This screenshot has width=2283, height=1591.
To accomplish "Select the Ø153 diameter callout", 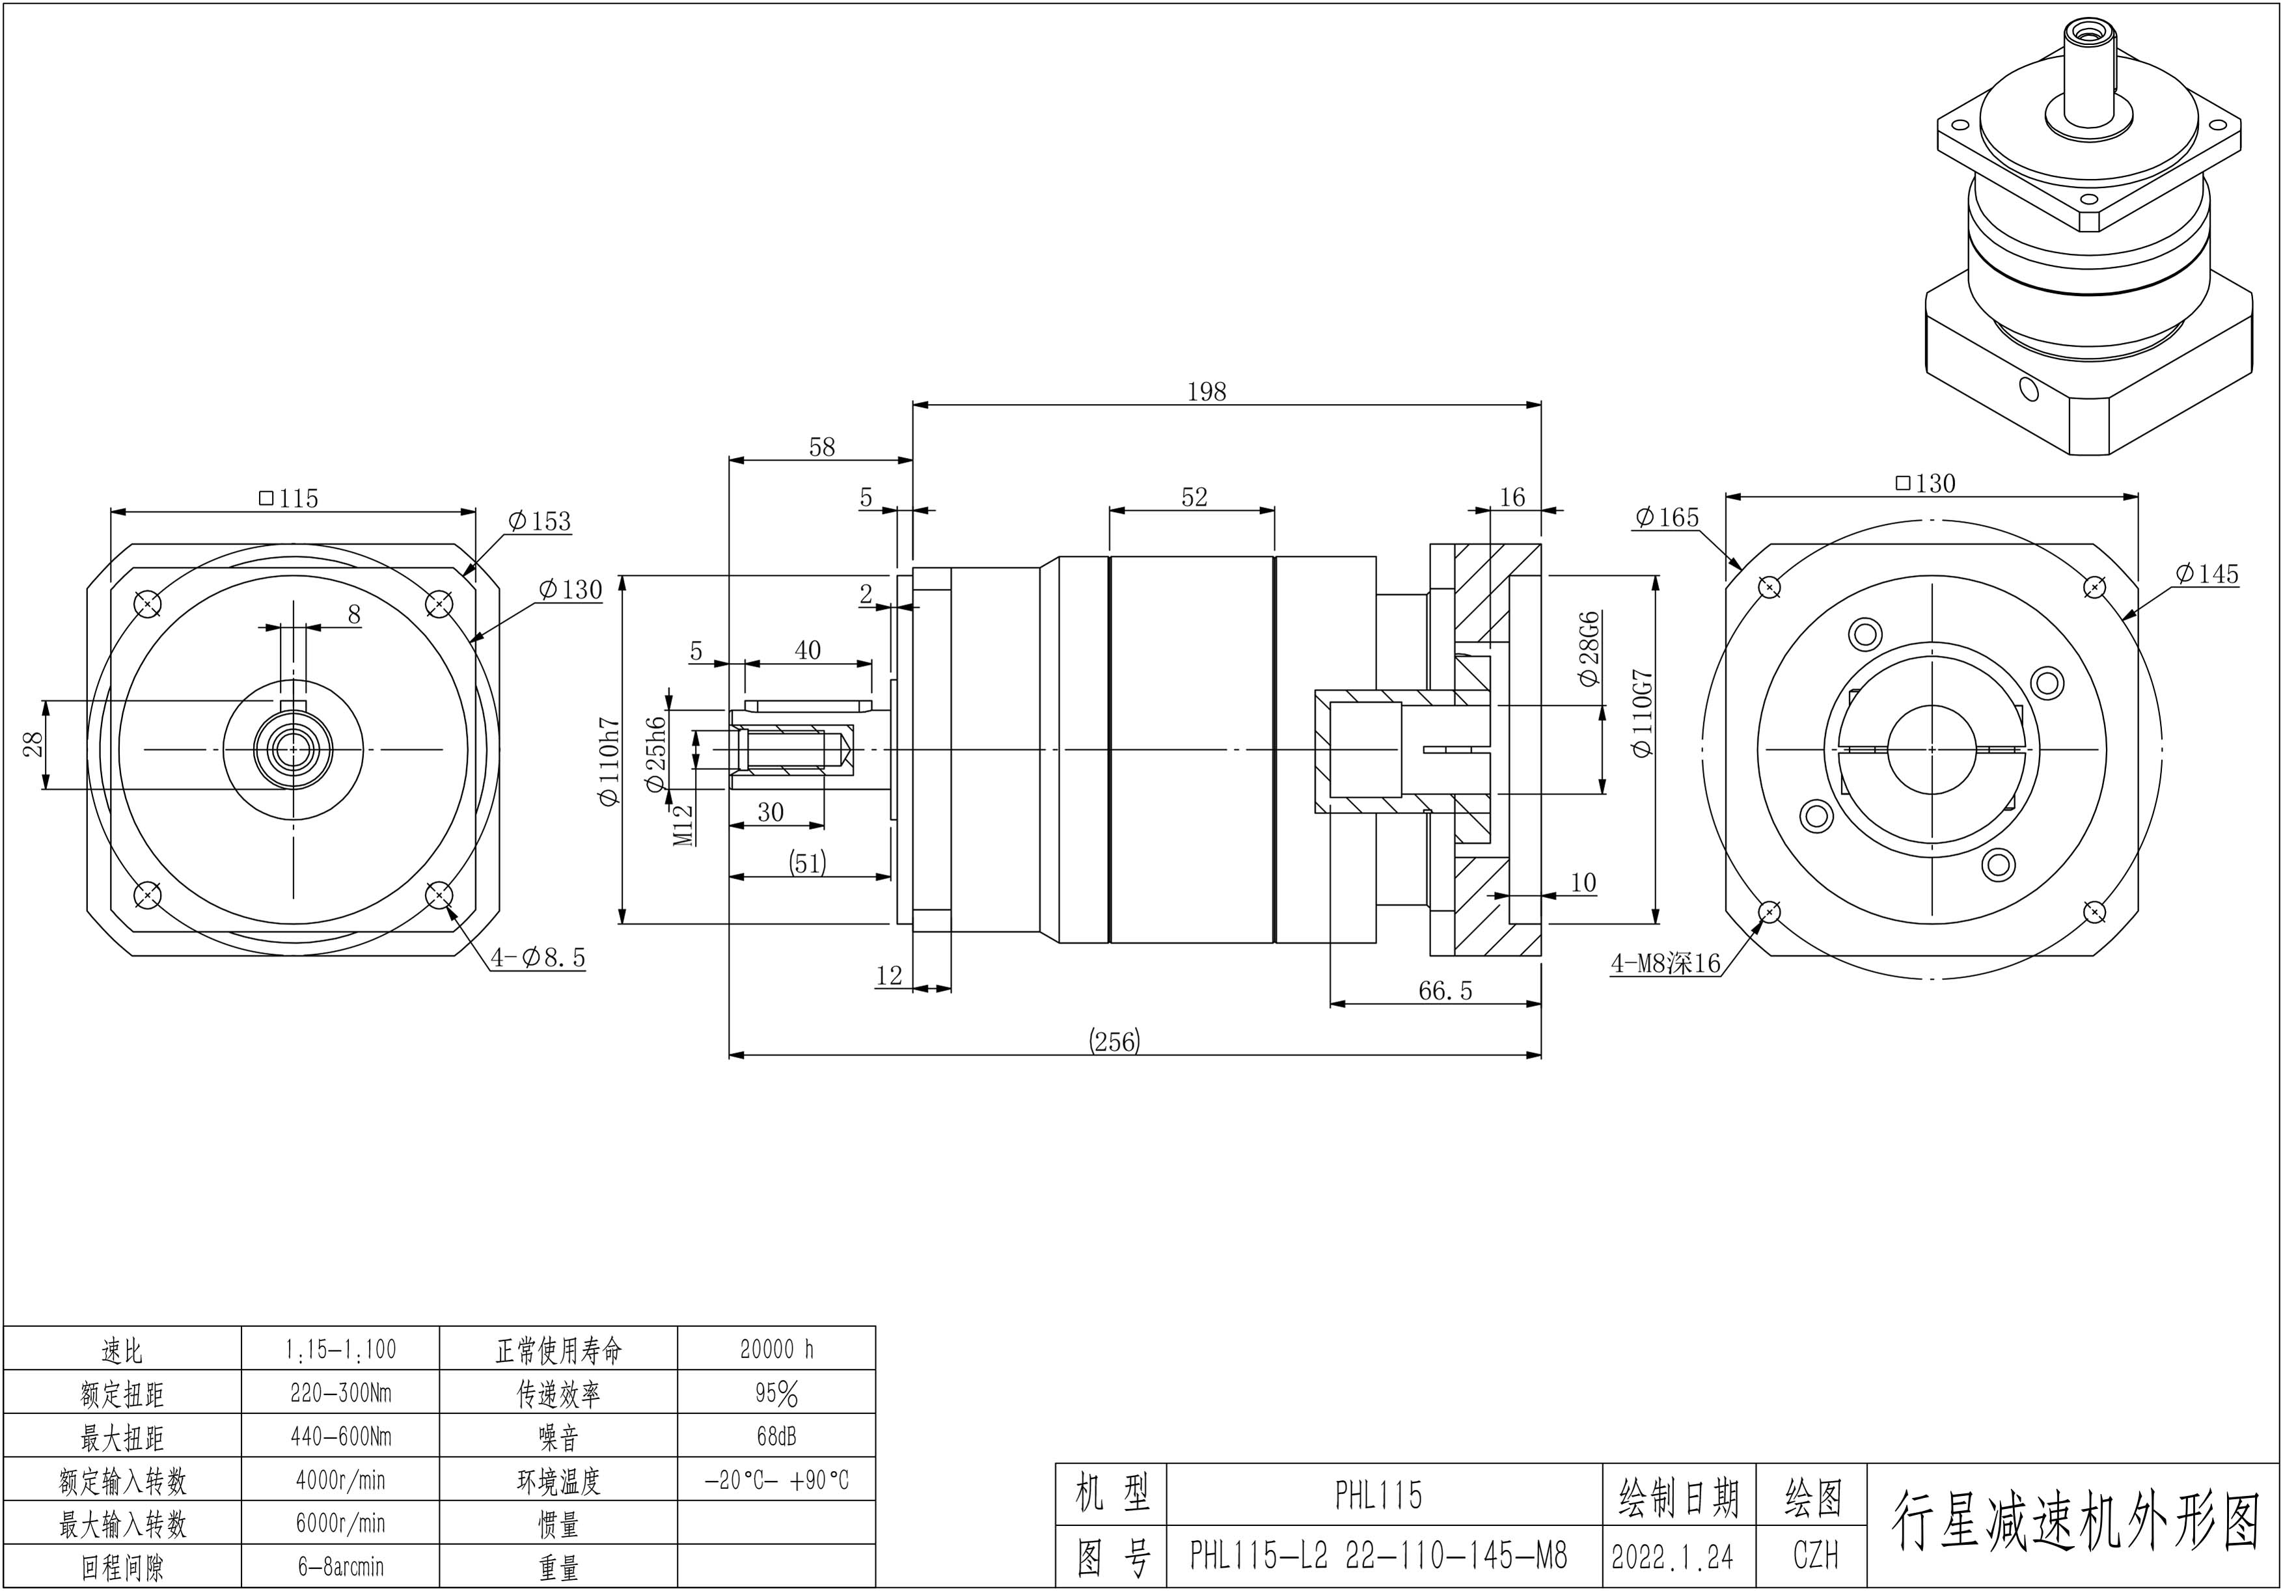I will (539, 521).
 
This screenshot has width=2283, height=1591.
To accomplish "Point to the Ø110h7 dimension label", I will (608, 763).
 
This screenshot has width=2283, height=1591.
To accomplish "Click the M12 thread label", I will (682, 825).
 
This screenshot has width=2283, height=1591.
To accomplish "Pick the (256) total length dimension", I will (1115, 1041).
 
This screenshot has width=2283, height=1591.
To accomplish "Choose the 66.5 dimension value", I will (1445, 990).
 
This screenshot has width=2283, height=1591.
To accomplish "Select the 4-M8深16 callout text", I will (1665, 962).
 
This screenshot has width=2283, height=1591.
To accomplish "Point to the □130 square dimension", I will (1925, 483).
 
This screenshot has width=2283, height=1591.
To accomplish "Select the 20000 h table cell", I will (776, 1350).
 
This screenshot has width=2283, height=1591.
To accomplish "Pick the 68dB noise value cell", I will (776, 1436).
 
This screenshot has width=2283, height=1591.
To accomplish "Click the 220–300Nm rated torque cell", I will (340, 1393).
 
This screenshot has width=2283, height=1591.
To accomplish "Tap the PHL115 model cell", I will (1378, 1495).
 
